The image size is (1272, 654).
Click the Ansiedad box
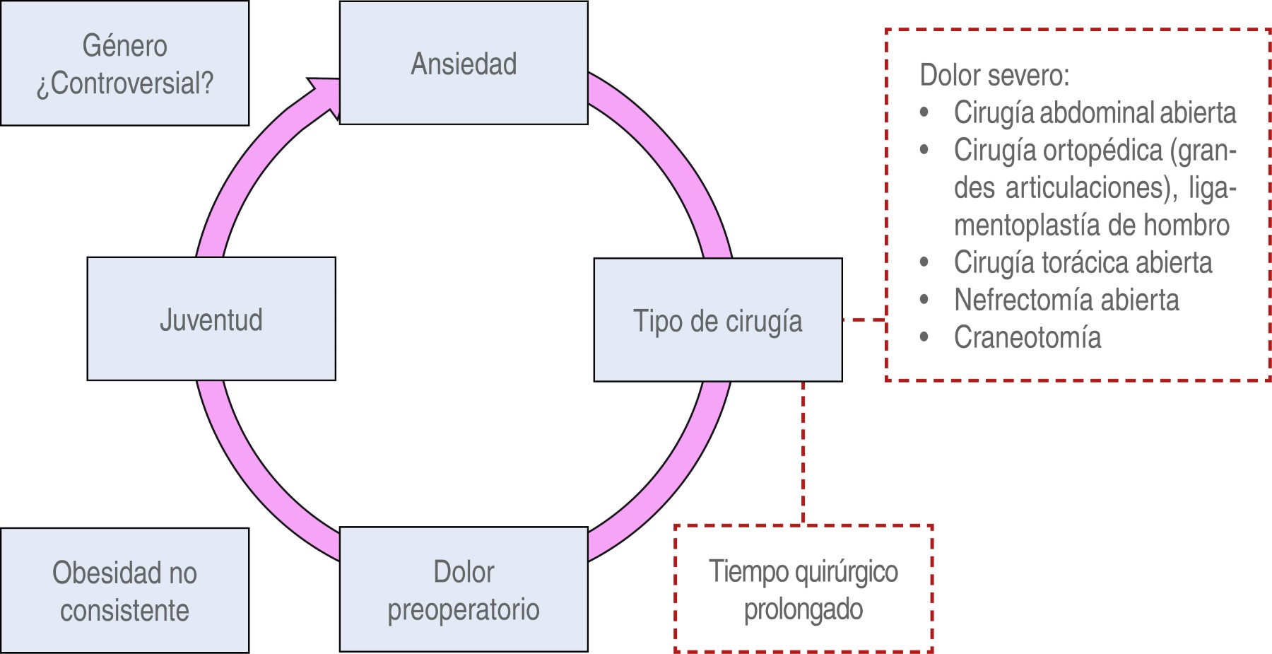click(x=464, y=63)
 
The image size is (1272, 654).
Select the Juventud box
click(x=211, y=319)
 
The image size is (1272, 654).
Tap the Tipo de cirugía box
click(x=718, y=320)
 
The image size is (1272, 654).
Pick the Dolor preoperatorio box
click(x=464, y=589)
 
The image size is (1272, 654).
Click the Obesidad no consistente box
click(x=124, y=590)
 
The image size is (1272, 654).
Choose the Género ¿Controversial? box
click(x=124, y=63)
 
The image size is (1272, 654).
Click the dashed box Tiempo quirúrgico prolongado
click(x=803, y=589)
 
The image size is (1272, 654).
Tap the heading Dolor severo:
click(x=994, y=75)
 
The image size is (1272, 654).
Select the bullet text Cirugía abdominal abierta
click(x=1095, y=112)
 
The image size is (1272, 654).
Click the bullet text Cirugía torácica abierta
click(x=1083, y=262)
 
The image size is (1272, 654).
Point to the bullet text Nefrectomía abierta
click(x=1066, y=300)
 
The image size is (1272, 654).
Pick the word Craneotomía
click(x=1027, y=337)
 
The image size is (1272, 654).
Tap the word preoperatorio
click(x=464, y=609)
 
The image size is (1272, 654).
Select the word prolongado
click(x=803, y=609)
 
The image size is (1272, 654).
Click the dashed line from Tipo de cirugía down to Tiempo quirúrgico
click(x=803, y=452)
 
